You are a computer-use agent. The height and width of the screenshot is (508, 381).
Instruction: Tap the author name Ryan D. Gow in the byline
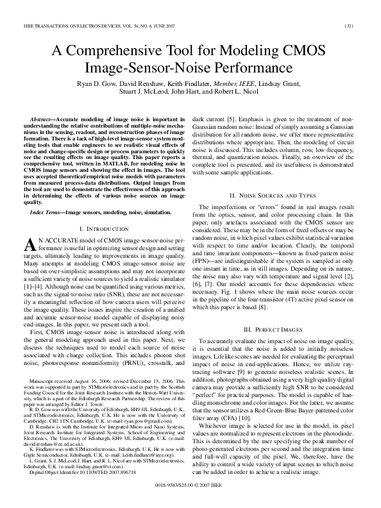tap(97, 83)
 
